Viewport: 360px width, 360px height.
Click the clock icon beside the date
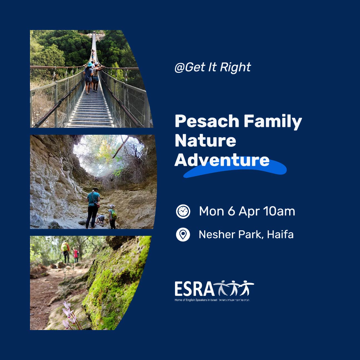point(183,211)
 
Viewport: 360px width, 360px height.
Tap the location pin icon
point(183,234)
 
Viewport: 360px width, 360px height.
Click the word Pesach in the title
point(207,121)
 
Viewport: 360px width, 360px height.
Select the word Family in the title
point(273,122)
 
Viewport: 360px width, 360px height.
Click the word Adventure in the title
point(222,160)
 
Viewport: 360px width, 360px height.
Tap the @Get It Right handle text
point(213,67)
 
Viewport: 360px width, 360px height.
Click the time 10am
point(279,211)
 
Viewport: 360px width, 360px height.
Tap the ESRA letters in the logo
point(194,289)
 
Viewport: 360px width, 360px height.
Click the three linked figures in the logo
point(234,288)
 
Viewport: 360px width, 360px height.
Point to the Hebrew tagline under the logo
point(234,300)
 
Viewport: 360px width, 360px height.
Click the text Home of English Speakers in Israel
point(196,300)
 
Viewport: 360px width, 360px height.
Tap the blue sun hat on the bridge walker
point(90,64)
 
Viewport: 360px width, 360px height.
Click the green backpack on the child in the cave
point(114,214)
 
